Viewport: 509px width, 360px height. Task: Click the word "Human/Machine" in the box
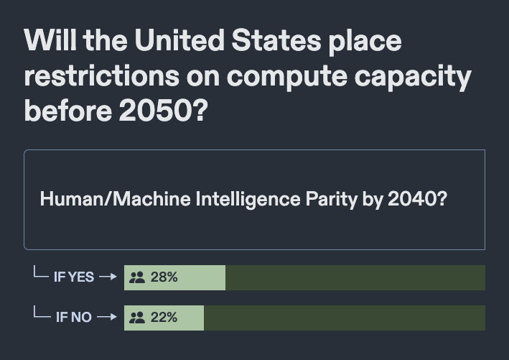116,199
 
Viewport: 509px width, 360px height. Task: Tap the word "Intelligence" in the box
240,199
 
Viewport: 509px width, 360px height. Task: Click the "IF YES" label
73,277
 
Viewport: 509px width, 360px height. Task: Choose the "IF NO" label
73,317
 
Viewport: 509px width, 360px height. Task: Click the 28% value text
164,277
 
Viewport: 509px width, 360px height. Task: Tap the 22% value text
164,317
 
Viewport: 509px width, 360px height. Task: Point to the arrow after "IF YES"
108,277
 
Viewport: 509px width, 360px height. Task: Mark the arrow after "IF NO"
106,317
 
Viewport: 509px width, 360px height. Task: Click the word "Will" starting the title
48,41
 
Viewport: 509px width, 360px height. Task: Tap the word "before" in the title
63,111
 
